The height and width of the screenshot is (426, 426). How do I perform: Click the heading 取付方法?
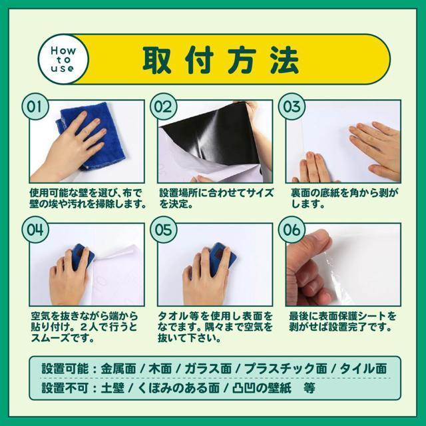pos(219,60)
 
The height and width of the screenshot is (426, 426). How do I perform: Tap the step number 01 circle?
pos(35,106)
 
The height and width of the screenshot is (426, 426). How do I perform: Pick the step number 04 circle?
pos(35,230)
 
